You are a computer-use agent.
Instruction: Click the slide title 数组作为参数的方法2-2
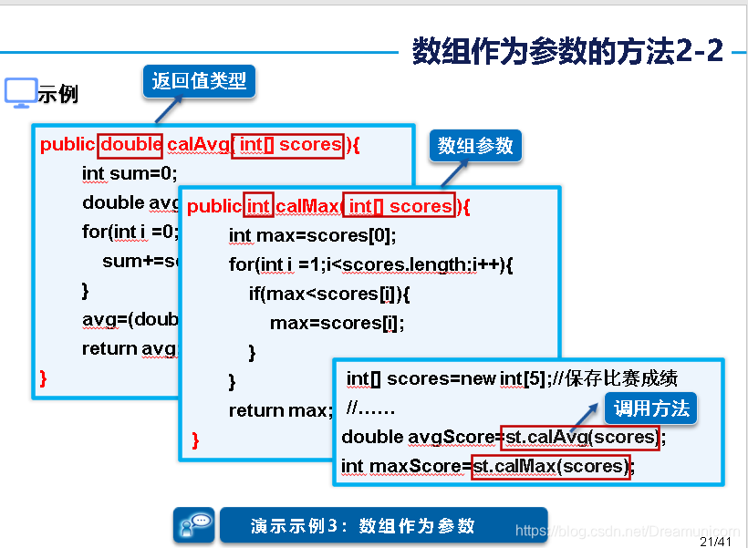pos(567,51)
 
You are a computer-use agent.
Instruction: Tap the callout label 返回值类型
pos(199,81)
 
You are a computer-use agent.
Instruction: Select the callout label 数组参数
pos(475,146)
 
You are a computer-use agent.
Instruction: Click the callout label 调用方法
pos(651,408)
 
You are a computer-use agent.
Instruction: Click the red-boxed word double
pos(131,145)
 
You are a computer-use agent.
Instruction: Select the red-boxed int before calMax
pos(259,207)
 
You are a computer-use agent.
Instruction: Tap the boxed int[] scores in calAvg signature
pos(288,145)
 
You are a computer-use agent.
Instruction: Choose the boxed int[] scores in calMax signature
pos(400,207)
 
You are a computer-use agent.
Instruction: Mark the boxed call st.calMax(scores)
pos(551,467)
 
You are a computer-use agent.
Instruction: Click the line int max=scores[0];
pos(312,236)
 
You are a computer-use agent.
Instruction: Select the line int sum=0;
pos(130,173)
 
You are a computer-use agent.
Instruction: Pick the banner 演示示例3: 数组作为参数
pos(383,526)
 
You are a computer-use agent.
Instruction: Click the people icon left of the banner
pos(194,525)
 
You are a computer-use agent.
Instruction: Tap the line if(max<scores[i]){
pos(329,295)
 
